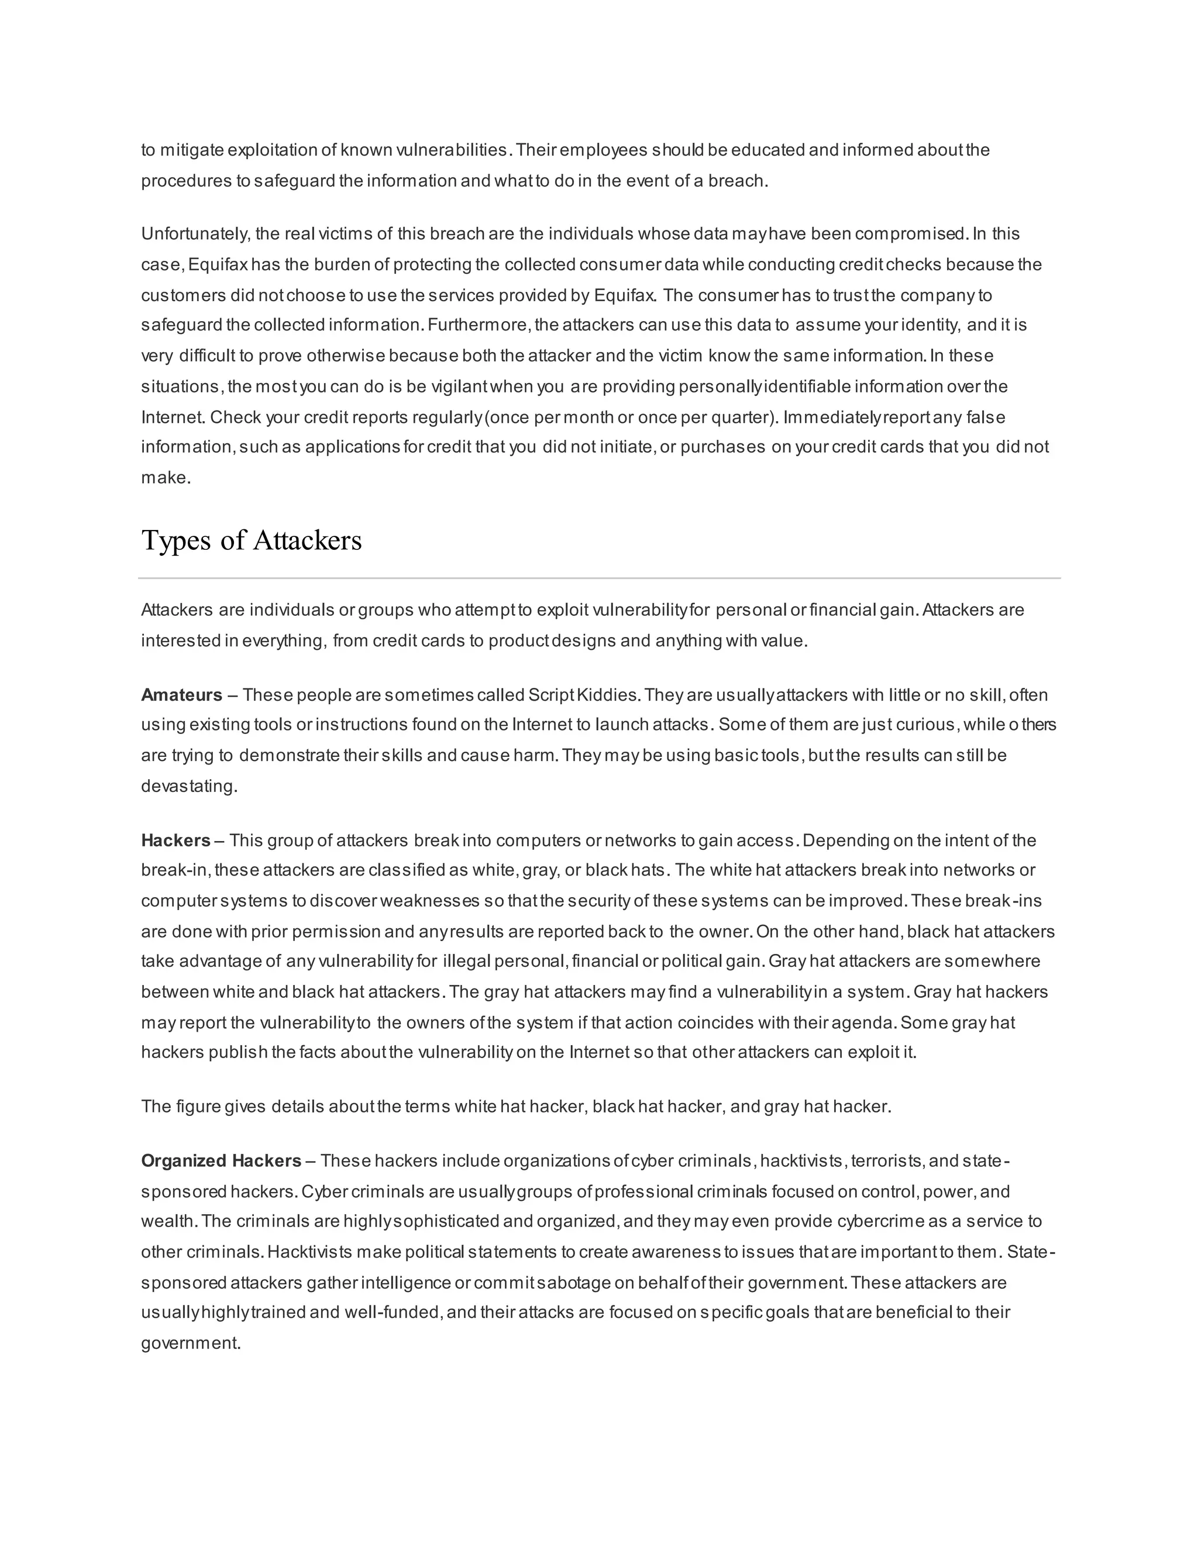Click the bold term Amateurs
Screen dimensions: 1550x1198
pyautogui.click(x=182, y=695)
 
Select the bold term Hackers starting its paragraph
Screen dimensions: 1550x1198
pyautogui.click(x=175, y=841)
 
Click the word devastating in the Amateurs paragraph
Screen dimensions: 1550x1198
pyautogui.click(x=189, y=786)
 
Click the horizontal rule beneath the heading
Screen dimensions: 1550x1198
pyautogui.click(x=599, y=578)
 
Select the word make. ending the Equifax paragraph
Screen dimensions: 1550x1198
pyautogui.click(x=166, y=478)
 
